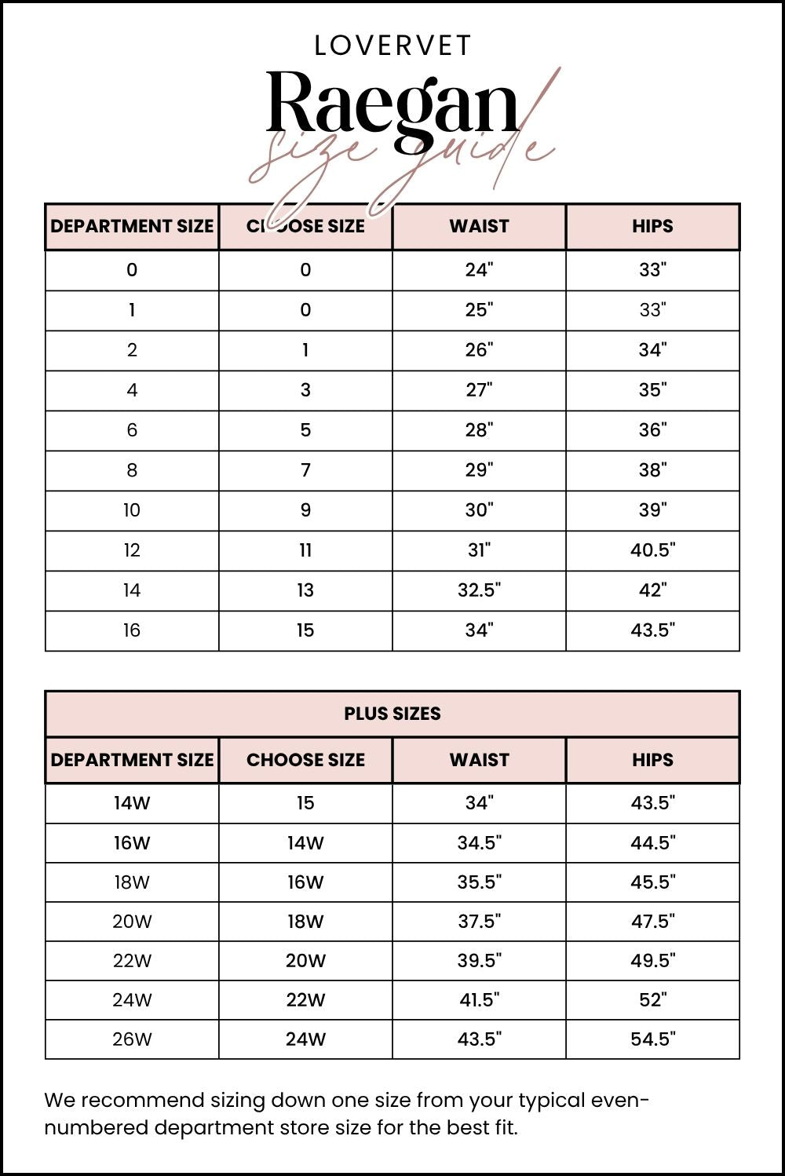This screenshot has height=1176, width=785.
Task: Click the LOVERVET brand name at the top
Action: [x=392, y=46]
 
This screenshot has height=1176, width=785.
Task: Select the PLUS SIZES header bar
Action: [x=392, y=714]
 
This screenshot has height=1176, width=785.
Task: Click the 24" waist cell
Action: [x=479, y=270]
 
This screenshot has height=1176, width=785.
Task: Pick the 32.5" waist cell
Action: [x=479, y=590]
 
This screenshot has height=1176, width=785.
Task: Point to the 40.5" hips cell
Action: [x=652, y=550]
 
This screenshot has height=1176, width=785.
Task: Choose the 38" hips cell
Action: [x=652, y=470]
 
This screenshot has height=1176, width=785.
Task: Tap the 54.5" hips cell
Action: [x=652, y=1039]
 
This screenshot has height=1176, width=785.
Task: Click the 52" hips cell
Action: [x=652, y=1000]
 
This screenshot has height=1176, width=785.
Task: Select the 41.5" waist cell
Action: [x=479, y=1000]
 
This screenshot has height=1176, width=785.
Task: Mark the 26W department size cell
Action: [x=132, y=1039]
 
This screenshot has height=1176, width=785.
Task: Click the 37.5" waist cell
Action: [x=479, y=922]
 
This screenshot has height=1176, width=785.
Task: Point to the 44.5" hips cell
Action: [x=652, y=843]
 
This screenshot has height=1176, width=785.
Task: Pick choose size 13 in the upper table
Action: [x=305, y=590]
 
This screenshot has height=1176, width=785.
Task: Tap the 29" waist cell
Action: [x=479, y=470]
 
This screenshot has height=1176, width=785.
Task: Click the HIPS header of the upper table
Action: [x=652, y=226]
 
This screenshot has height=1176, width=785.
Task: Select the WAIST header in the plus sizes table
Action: [x=479, y=760]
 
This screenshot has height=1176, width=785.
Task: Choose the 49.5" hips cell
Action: [x=652, y=961]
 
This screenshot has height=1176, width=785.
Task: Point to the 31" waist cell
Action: [x=479, y=550]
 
